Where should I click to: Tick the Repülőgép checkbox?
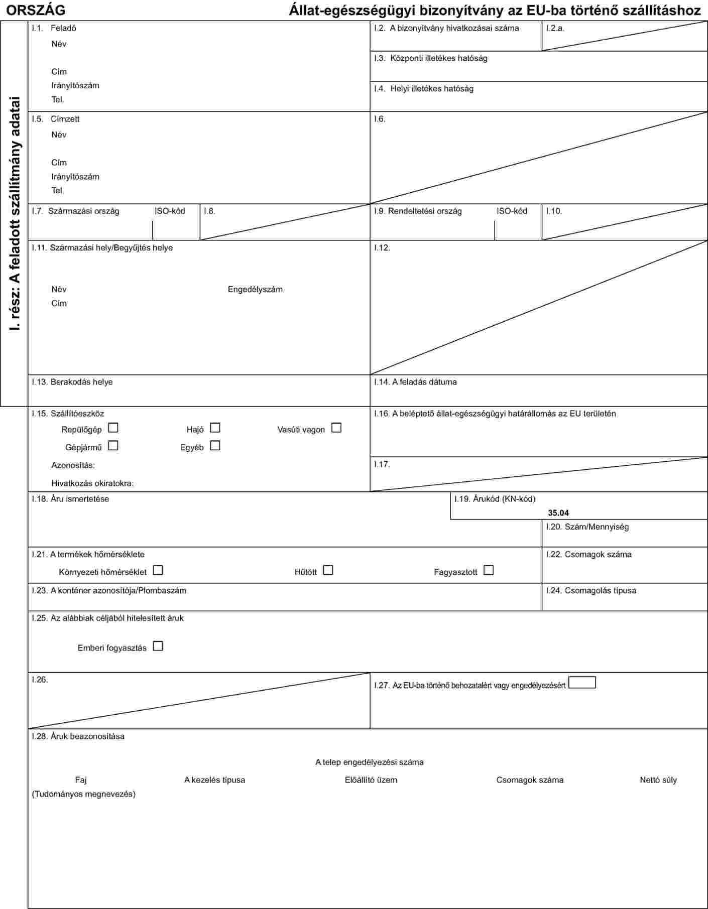coord(113,428)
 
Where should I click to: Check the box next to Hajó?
coord(215,428)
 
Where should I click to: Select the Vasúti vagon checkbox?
coord(336,428)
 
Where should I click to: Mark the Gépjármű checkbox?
coord(113,445)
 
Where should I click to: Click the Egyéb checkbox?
coord(215,445)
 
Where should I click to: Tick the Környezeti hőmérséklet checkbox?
coord(158,571)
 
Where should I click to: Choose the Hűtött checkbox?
coord(328,571)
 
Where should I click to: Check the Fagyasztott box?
coord(489,571)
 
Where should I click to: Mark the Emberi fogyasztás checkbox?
coord(158,646)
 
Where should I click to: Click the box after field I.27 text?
coord(582,683)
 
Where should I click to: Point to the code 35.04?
coord(558,513)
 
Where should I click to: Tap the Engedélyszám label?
coord(255,289)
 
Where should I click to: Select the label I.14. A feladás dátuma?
coord(415,382)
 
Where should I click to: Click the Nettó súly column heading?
coord(658,780)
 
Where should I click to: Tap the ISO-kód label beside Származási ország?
coord(170,211)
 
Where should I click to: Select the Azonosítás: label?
coord(73,465)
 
